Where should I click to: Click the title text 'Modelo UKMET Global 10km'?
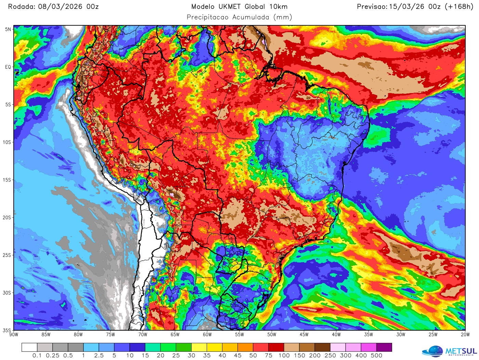(x=239, y=7)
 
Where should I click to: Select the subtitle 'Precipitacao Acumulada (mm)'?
(x=239, y=17)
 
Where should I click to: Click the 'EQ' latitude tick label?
(x=8, y=67)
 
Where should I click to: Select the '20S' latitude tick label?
(x=7, y=218)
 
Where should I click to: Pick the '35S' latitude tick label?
(x=7, y=330)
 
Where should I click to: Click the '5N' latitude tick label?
(x=8, y=29)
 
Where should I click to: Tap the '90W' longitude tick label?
(x=14, y=335)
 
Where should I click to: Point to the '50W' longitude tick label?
(x=272, y=335)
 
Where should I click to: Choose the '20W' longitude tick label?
(x=465, y=335)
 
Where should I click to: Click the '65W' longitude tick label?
(x=175, y=335)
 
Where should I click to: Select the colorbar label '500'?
(x=376, y=356)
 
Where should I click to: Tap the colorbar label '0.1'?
(x=37, y=356)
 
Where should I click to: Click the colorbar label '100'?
(x=284, y=356)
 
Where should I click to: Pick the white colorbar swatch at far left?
(x=29, y=347)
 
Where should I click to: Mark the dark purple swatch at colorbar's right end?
(x=384, y=347)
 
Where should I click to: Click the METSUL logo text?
(x=461, y=351)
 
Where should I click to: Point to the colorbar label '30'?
(x=191, y=356)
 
